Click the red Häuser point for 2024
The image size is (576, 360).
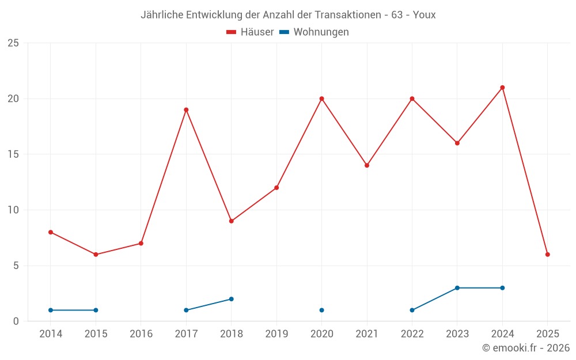(x=502, y=88)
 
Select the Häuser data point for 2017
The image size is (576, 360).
(x=186, y=109)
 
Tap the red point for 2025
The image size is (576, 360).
(x=548, y=254)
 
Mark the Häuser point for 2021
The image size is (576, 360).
(x=367, y=165)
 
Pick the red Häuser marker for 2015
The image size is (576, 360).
(x=96, y=254)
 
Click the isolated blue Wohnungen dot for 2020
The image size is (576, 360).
(x=321, y=310)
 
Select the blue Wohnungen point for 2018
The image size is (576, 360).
(x=232, y=299)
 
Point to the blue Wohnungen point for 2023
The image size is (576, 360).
(x=457, y=288)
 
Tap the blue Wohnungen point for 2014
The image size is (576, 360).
(x=51, y=310)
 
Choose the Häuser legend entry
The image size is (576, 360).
(x=251, y=32)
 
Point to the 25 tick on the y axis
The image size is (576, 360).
(x=13, y=43)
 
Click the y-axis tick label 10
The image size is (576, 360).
(x=13, y=210)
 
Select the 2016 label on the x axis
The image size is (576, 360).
(x=141, y=334)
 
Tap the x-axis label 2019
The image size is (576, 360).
(x=276, y=334)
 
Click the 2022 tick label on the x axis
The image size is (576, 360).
(x=412, y=334)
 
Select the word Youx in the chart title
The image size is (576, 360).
(x=425, y=15)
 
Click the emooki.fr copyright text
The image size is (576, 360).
(x=526, y=348)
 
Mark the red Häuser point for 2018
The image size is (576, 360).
(x=232, y=221)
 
